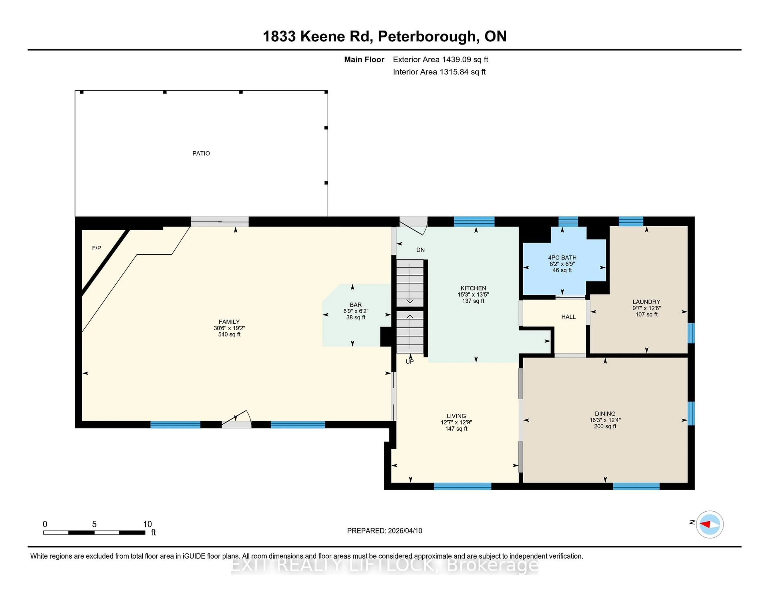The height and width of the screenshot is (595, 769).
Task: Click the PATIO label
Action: pos(201,153)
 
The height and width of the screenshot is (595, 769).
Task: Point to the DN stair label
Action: pos(420,250)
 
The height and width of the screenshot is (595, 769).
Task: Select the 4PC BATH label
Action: pos(562,258)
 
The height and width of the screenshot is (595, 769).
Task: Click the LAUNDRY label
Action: pos(646,302)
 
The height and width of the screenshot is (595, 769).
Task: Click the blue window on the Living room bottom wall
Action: pos(462,486)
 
